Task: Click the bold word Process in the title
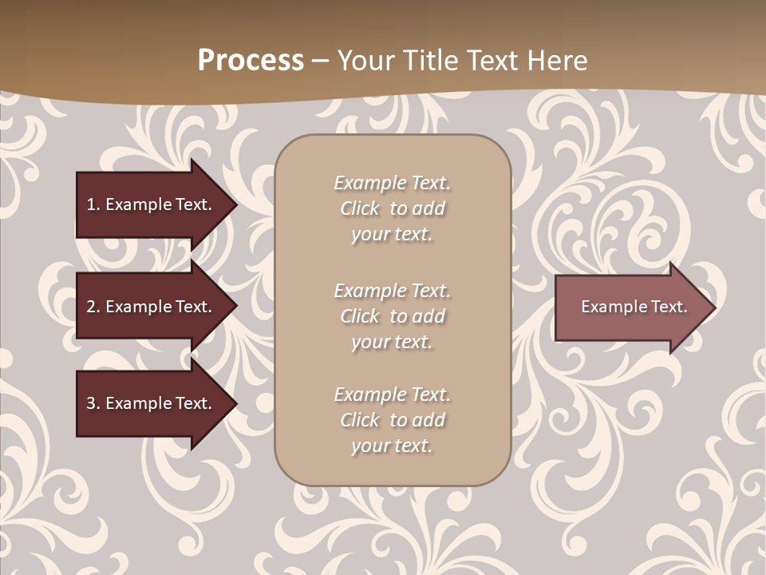tap(251, 61)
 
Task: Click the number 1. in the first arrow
tap(93, 204)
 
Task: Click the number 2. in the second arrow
tap(93, 307)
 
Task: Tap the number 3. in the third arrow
tap(93, 403)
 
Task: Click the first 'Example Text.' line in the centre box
tap(392, 183)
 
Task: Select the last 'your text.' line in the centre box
tap(392, 446)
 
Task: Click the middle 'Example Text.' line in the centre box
tap(392, 291)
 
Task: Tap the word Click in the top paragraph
tap(360, 208)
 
